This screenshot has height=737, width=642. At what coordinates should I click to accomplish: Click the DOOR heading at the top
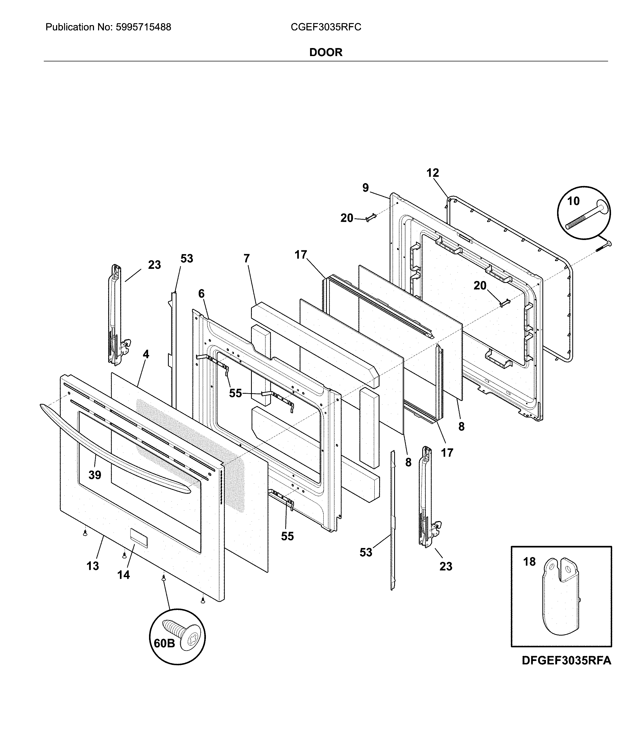point(325,52)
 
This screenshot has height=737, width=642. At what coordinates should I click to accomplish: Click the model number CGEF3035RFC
point(326,27)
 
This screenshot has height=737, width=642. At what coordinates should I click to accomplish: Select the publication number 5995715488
point(143,27)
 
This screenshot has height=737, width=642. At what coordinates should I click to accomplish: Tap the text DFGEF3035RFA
point(566,660)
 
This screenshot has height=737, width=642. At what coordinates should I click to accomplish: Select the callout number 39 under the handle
point(95,475)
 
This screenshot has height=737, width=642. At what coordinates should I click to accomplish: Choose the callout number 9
point(365,188)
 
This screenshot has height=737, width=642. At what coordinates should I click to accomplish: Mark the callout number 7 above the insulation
point(246,258)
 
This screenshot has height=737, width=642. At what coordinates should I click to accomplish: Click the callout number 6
point(201,294)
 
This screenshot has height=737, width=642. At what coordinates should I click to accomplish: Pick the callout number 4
point(146,354)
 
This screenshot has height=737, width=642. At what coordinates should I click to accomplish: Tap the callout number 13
point(92,566)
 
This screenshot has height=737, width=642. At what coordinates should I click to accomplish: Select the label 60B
point(164,644)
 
